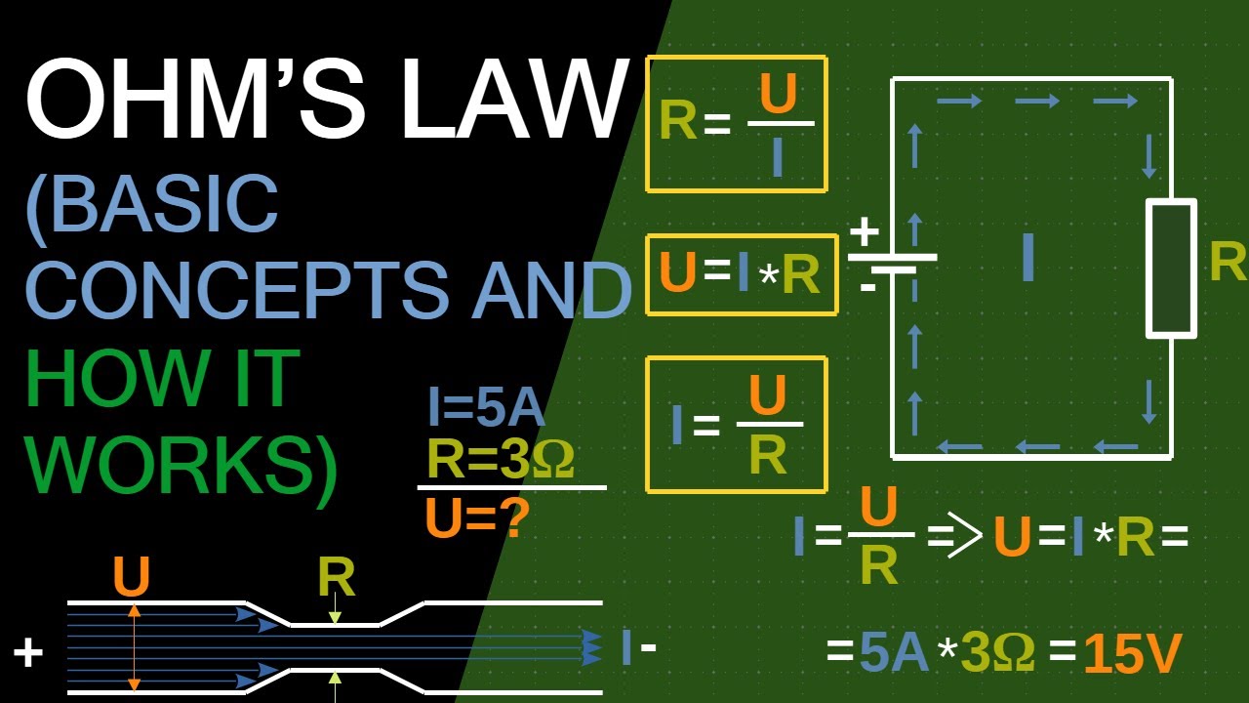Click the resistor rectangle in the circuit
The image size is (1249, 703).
coord(1171,269)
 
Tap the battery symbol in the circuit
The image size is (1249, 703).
coord(892,262)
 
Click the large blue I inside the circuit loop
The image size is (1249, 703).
coord(1027,259)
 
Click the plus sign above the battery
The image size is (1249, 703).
coord(864,232)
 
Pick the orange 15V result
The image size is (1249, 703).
coord(1132,654)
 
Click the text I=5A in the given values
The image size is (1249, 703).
coord(486,408)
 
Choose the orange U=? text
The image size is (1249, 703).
coord(477,518)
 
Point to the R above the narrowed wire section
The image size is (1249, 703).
coord(336,579)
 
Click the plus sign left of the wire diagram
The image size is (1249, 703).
coord(28,652)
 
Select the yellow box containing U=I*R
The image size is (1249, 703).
coord(742,274)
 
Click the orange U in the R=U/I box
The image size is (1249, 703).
coord(778,95)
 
